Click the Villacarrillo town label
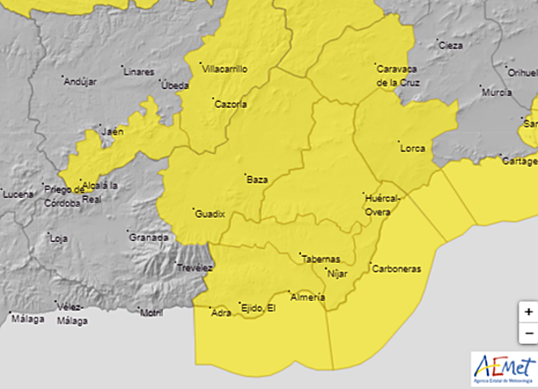(226, 67)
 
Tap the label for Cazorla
(231, 105)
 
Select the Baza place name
(257, 180)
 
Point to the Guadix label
(210, 213)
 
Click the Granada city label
(148, 237)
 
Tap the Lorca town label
(413, 149)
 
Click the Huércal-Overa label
(383, 204)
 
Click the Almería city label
(309, 298)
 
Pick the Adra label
(221, 313)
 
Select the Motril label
(151, 313)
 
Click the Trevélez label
(195, 269)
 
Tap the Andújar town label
(80, 81)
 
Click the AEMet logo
(503, 368)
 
